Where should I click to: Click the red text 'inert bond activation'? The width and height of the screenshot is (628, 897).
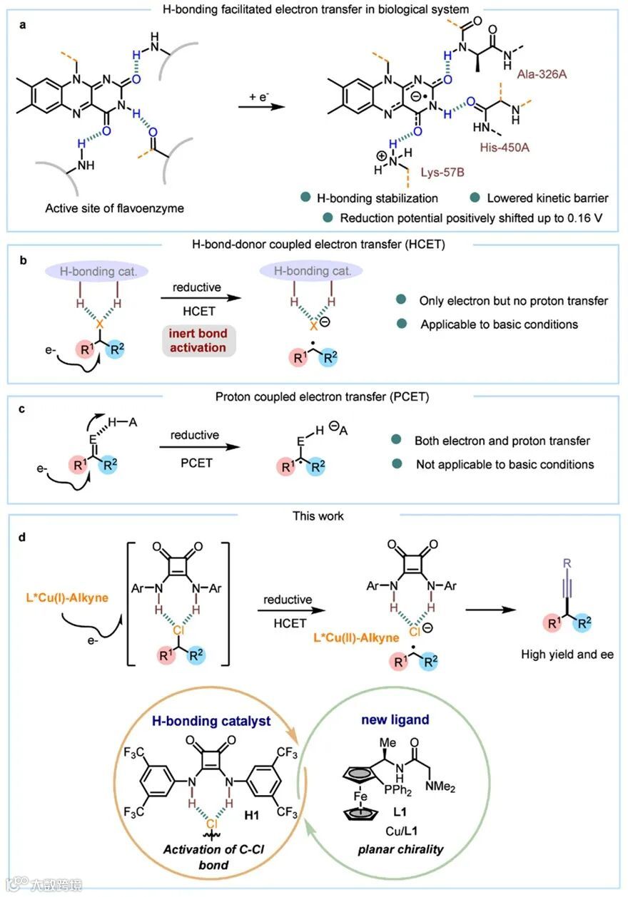click(197, 339)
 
